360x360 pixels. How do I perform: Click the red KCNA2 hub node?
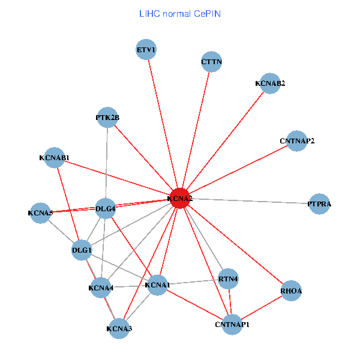pyautogui.click(x=180, y=198)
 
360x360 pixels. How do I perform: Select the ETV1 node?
pyautogui.click(x=146, y=50)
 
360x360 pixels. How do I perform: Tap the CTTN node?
pyautogui.click(x=211, y=61)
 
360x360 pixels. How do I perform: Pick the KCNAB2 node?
pyautogui.click(x=269, y=83)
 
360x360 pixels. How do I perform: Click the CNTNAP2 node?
pyautogui.click(x=297, y=141)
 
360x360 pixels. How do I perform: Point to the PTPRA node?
pyautogui.click(x=319, y=204)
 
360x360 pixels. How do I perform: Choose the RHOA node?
pyautogui.click(x=291, y=291)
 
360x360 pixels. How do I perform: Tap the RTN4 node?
pyautogui.click(x=228, y=279)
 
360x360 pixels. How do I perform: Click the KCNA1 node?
pyautogui.click(x=157, y=284)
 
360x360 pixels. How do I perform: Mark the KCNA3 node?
pyautogui.click(x=119, y=328)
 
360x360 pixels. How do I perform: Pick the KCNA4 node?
pyautogui.click(x=101, y=288)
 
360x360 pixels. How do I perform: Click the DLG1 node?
pyautogui.click(x=82, y=250)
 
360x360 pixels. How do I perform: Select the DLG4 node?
pyautogui.click(x=106, y=209)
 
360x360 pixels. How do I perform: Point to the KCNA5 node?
pyautogui.click(x=41, y=212)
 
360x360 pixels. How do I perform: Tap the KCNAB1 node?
pyautogui.click(x=55, y=158)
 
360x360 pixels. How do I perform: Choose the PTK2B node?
pyautogui.click(x=107, y=118)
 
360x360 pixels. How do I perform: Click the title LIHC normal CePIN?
pyautogui.click(x=179, y=13)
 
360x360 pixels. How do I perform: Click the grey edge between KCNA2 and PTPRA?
pyautogui.click(x=252, y=201)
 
